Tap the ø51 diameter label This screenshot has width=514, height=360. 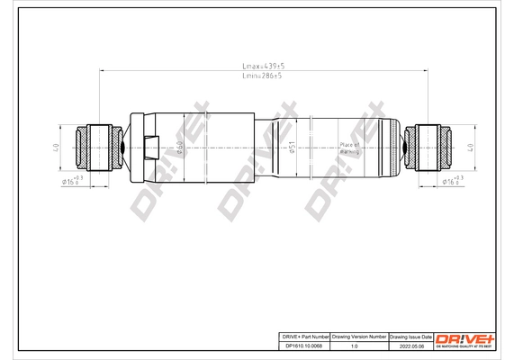[x=292, y=149]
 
